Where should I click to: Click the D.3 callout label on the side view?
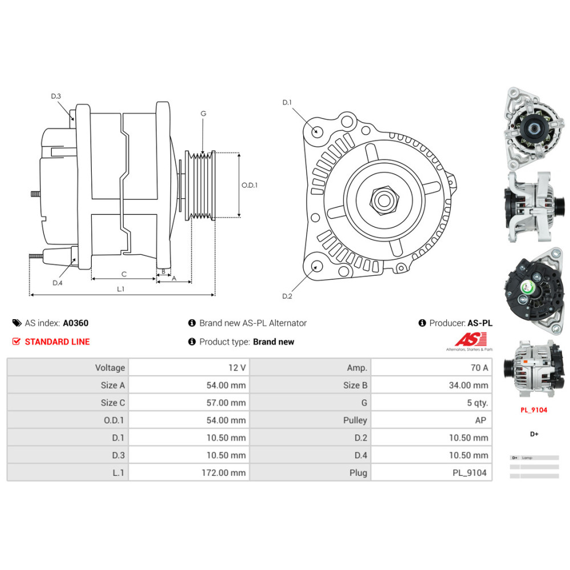coord(56,96)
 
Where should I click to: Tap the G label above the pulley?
coord(203,113)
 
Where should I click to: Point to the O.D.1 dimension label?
coord(250,185)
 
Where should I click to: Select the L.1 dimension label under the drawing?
coord(121,289)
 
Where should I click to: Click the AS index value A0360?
coord(75,323)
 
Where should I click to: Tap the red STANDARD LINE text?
coord(57,342)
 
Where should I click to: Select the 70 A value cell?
coord(477,368)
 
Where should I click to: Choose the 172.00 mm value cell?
coord(225,473)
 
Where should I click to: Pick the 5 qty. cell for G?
coord(477,403)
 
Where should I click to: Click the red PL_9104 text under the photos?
coord(534,409)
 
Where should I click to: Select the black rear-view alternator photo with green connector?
coord(534,288)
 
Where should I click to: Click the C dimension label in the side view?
coord(124,274)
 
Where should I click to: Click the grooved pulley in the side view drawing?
coord(201,185)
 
